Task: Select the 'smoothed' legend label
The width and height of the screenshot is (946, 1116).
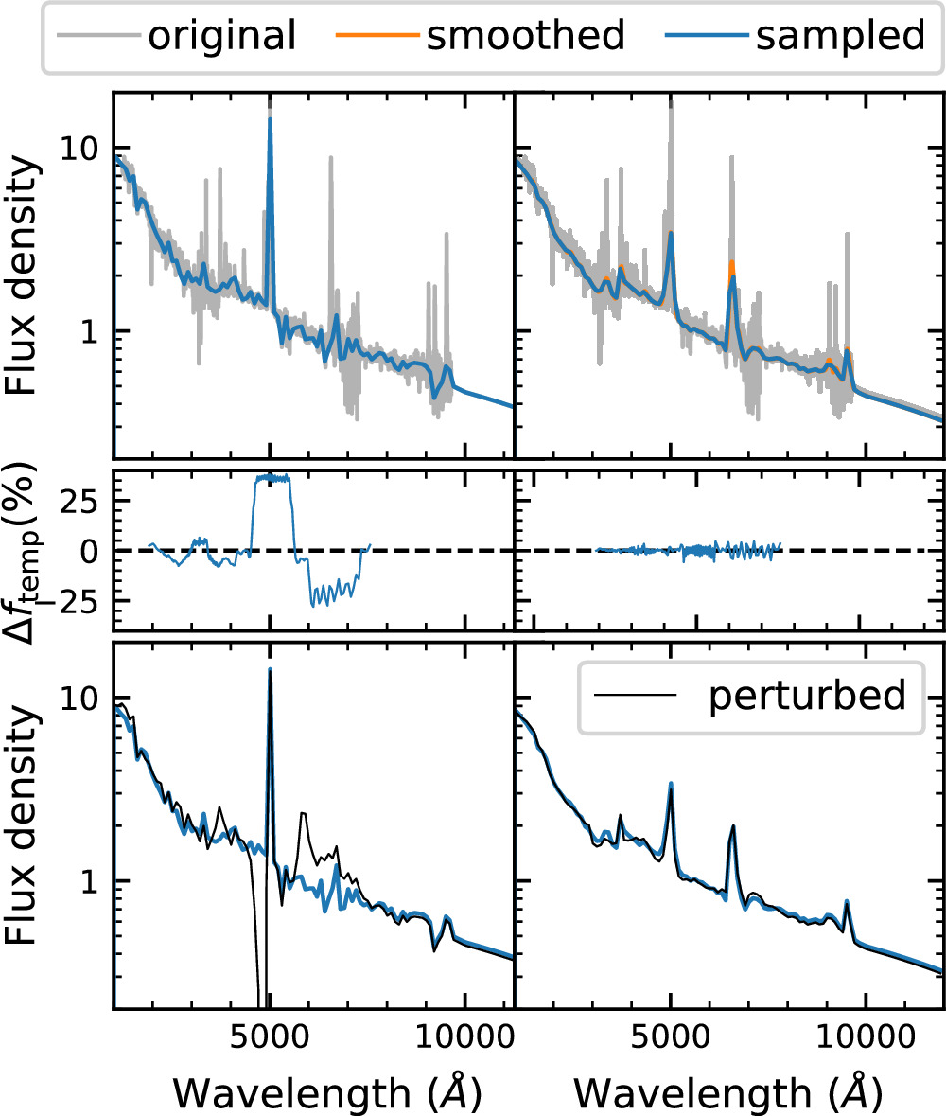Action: (x=524, y=35)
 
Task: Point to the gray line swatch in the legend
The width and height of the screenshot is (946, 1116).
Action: (x=96, y=36)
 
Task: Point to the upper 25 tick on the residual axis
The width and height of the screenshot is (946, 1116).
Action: (x=82, y=501)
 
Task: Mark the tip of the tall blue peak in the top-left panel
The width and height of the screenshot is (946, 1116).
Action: (x=271, y=119)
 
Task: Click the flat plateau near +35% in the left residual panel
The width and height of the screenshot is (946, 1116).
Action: (x=272, y=479)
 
